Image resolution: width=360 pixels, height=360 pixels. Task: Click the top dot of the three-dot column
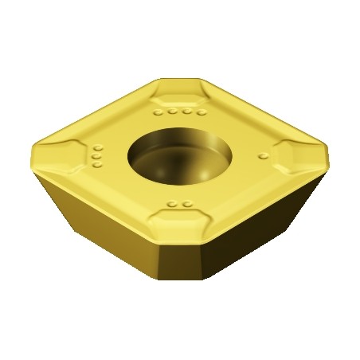(x=98, y=148)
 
